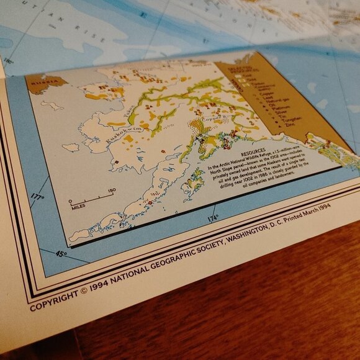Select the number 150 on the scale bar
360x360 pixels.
point(112,190)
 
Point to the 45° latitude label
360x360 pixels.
point(61,253)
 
